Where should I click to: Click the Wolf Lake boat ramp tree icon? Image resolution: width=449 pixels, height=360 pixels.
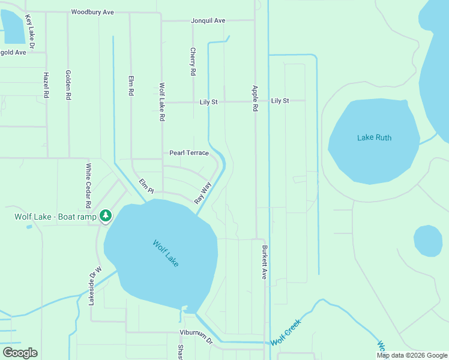point(106,215)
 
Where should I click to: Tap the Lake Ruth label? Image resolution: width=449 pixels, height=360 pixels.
point(374,138)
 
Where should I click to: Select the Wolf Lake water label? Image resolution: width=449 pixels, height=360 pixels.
point(166,254)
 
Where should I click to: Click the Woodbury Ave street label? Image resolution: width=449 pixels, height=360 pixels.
point(92,12)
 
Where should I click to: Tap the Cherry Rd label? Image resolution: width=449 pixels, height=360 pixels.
point(193,61)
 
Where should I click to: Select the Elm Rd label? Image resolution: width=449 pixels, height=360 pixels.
point(130,86)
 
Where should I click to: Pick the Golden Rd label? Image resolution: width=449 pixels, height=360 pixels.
point(68,84)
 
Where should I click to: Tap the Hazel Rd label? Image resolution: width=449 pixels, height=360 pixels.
point(46,85)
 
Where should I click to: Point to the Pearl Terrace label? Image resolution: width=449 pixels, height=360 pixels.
point(188,153)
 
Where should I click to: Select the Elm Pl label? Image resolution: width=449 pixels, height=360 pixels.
point(146,186)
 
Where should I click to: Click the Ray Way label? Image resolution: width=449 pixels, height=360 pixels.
point(203,193)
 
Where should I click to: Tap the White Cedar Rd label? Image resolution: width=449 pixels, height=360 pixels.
point(88,185)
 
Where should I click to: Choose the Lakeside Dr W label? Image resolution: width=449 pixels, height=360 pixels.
point(92,286)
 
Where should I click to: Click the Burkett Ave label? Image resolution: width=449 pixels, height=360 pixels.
point(264,262)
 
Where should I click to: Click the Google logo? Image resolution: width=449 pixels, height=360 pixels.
point(20,353)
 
